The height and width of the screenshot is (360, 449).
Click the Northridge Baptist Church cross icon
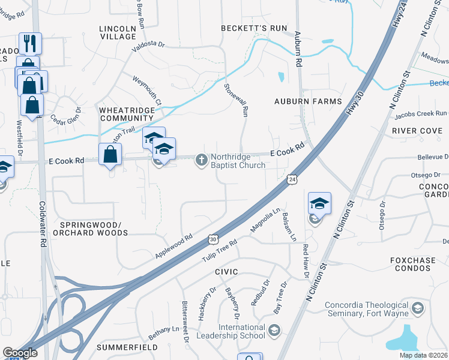[x=202, y=160]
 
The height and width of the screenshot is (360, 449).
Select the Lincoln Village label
[x=118, y=32]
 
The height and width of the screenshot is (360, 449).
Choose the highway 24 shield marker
[x=292, y=178]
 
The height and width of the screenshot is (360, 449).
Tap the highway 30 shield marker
[x=213, y=239]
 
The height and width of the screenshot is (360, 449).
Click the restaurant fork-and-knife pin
[x=29, y=43]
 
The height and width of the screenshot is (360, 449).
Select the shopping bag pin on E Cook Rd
[x=110, y=154]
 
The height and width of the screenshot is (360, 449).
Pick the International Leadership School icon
[x=274, y=330]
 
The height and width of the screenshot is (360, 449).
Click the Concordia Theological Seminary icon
[x=418, y=308]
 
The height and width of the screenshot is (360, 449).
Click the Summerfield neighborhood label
[x=127, y=347]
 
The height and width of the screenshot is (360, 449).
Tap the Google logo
[x=20, y=353]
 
